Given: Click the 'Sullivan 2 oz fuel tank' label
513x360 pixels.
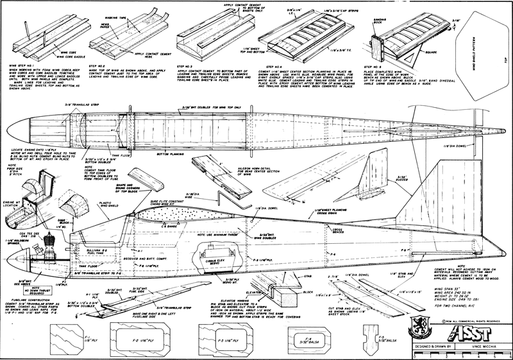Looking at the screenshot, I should pos(97,227).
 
